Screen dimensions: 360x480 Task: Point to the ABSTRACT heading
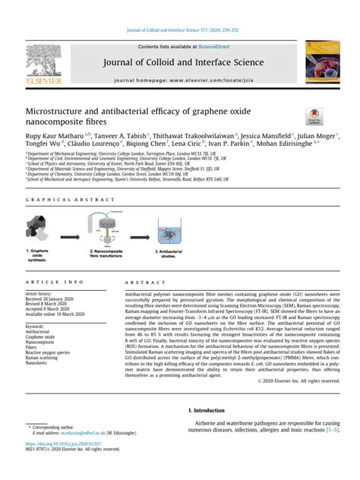[x=139, y=281]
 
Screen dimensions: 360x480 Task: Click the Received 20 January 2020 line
[x=49, y=298]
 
